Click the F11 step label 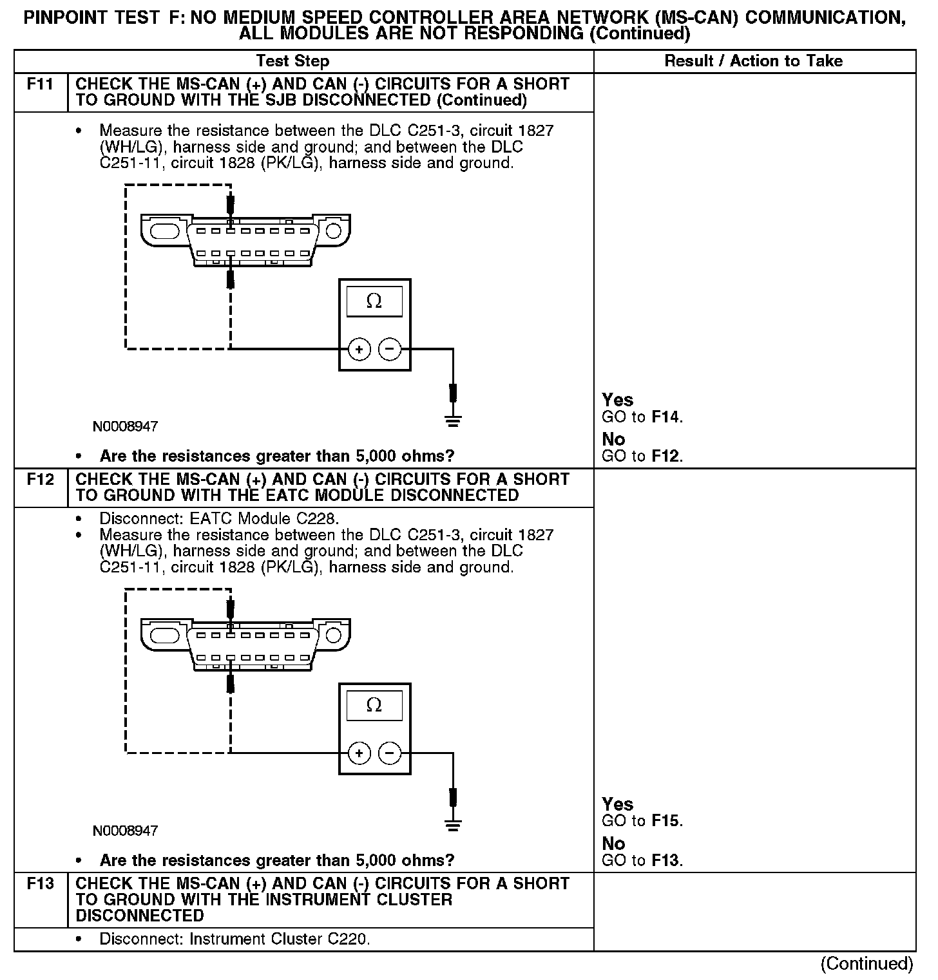(x=40, y=84)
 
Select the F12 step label (x=40, y=480)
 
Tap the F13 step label (x=40, y=884)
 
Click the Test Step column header (x=292, y=61)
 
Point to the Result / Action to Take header (x=753, y=61)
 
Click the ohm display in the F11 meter (x=374, y=301)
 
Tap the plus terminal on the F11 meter (x=359, y=350)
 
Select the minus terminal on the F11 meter (x=389, y=350)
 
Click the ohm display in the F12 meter (x=374, y=705)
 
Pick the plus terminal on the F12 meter (x=359, y=753)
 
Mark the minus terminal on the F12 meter (x=389, y=753)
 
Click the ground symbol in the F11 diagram (x=453, y=421)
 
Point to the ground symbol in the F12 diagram (x=453, y=825)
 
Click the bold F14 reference (x=665, y=417)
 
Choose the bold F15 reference (x=665, y=821)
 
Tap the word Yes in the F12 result (x=617, y=804)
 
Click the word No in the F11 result (x=613, y=439)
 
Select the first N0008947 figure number (x=125, y=426)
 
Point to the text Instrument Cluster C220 (x=279, y=939)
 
